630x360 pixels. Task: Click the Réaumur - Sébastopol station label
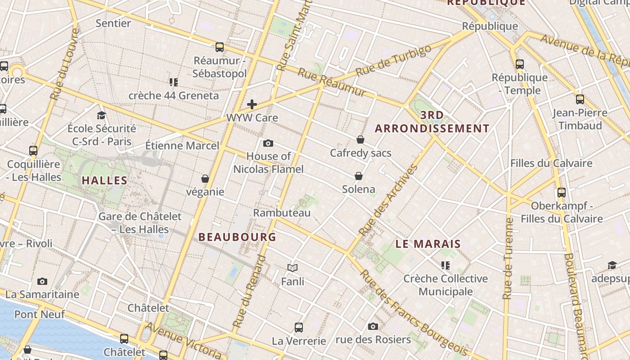tap(220, 67)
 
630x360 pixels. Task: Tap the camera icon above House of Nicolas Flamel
tap(268, 144)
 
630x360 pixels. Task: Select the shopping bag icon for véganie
tap(205, 179)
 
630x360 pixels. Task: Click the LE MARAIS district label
tap(428, 244)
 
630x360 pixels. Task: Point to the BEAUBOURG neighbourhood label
tap(237, 237)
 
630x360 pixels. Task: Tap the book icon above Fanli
tap(292, 268)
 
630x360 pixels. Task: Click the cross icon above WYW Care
tap(252, 105)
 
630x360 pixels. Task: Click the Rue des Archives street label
tap(389, 201)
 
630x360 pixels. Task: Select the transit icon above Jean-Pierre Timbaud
tap(580, 99)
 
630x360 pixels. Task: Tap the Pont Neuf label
tap(40, 314)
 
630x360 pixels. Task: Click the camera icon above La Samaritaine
tap(42, 282)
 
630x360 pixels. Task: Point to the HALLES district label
tap(104, 181)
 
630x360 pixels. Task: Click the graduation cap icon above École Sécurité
tap(101, 116)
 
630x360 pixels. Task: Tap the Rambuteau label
tap(282, 213)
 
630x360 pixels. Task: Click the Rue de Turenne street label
tap(508, 258)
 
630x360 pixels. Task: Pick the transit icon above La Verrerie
tap(299, 328)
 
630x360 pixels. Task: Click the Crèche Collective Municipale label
tap(445, 285)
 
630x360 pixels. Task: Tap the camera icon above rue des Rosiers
tap(373, 327)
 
